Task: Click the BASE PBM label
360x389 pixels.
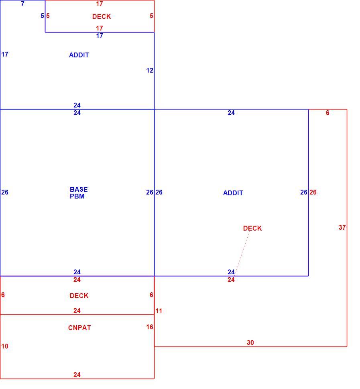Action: click(79, 193)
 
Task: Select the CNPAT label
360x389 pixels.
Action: click(79, 328)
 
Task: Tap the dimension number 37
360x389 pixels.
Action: click(342, 227)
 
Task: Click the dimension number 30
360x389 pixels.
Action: click(250, 342)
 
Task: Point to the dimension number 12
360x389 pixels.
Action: click(150, 71)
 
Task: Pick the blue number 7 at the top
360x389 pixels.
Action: click(22, 4)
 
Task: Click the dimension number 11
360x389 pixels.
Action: click(159, 311)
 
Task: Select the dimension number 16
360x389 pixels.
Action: click(150, 327)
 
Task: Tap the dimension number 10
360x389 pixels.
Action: click(5, 346)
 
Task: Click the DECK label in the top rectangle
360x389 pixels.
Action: click(102, 16)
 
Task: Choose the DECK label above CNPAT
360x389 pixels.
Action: click(79, 296)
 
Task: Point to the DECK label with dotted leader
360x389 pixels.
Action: click(252, 228)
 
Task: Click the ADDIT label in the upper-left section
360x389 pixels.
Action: click(79, 55)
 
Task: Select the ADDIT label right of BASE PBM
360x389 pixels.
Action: click(233, 193)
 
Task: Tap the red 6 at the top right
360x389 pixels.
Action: click(327, 113)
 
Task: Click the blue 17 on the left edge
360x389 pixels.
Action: click(5, 54)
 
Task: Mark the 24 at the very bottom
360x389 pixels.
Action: click(77, 375)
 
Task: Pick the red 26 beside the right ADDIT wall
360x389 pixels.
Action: click(313, 192)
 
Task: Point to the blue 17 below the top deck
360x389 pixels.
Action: click(100, 36)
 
